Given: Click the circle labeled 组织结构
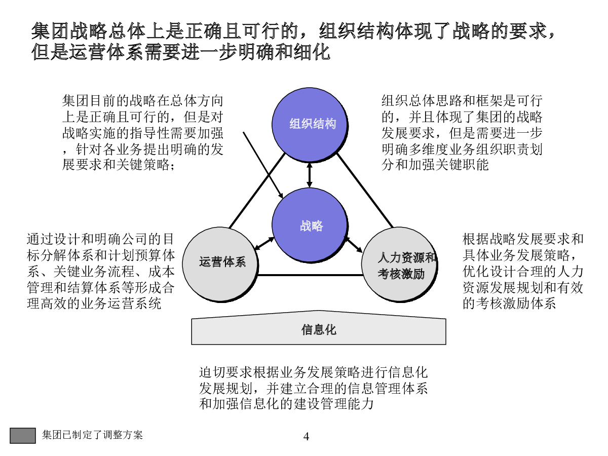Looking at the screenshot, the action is (309, 124).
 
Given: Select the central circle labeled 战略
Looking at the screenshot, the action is (309, 224).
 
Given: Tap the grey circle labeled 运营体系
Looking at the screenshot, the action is (220, 264).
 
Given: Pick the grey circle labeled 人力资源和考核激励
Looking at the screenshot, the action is (399, 264).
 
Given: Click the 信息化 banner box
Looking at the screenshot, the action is (319, 328).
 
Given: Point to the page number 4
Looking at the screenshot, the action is (306, 436).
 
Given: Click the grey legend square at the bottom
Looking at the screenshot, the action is (23, 436).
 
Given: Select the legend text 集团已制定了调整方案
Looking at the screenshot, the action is (92, 435).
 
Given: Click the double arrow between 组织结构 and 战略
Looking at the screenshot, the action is (310, 175).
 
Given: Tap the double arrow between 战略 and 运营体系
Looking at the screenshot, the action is (264, 244).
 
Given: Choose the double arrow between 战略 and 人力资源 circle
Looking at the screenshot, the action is (353, 245).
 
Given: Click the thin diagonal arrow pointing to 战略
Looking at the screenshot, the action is (263, 165).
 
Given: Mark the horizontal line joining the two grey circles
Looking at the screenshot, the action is (310, 275).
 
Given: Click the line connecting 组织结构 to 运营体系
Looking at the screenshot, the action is (257, 191).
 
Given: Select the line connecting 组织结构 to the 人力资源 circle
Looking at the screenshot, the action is (365, 191).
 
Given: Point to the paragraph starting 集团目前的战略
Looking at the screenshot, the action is (143, 133).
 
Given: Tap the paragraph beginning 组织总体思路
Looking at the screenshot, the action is (462, 133).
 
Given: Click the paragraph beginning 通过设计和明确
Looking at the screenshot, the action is (101, 271).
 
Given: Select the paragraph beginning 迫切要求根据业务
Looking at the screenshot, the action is (313, 388).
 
